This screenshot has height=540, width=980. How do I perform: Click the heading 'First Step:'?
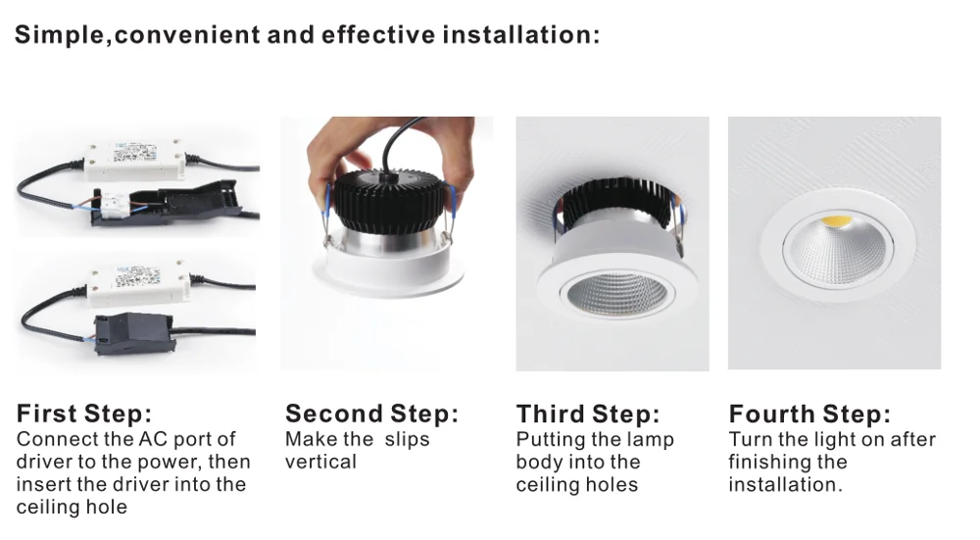pyautogui.click(x=83, y=414)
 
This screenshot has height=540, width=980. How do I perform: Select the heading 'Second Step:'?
pyautogui.click(x=371, y=414)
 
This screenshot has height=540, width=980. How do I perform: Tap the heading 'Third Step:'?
pyautogui.click(x=588, y=414)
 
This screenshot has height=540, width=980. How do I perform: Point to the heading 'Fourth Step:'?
pyautogui.click(x=810, y=414)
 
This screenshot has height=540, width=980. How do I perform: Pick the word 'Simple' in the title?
pyautogui.click(x=62, y=35)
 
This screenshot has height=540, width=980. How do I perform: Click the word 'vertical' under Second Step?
pyautogui.click(x=320, y=462)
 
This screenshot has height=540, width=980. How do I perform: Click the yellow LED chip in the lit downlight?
pyautogui.click(x=837, y=221)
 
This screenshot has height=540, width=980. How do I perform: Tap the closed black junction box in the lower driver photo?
pyautogui.click(x=133, y=333)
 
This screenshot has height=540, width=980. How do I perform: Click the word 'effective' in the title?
pyautogui.click(x=377, y=34)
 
